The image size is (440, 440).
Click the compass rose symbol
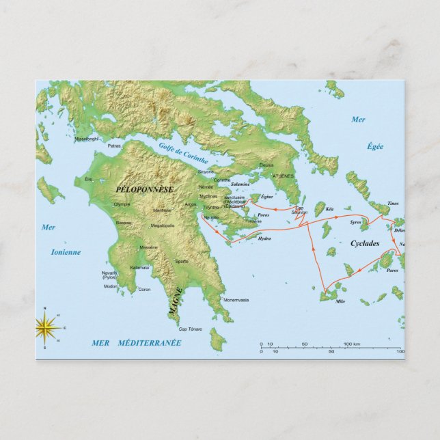(46, 329)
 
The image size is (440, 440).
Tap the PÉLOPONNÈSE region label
(145, 189)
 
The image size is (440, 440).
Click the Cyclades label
(364, 243)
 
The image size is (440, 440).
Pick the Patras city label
(115, 146)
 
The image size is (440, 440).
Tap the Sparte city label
(182, 261)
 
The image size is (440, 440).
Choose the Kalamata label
(139, 267)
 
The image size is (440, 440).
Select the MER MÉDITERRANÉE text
(136, 342)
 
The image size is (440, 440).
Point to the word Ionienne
(66, 251)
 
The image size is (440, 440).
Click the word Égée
(374, 146)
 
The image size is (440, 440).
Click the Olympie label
(122, 204)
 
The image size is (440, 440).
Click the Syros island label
(355, 222)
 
